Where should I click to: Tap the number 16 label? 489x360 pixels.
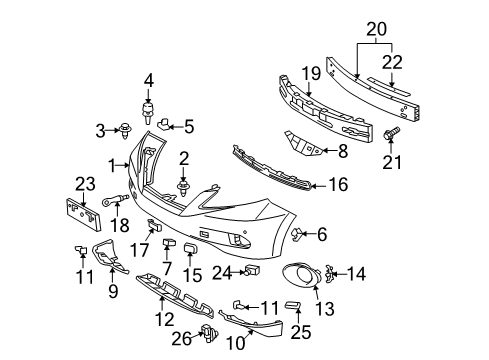point(339,184)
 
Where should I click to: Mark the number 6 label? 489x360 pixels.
point(322,234)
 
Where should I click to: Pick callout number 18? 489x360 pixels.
point(122,227)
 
